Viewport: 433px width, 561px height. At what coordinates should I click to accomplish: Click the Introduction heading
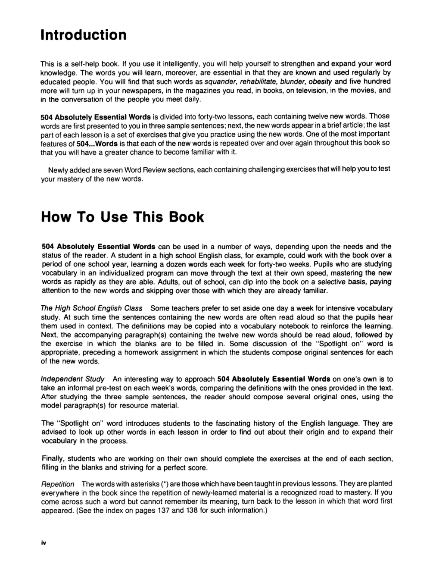tap(84, 34)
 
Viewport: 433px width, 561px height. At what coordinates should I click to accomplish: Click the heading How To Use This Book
tap(122, 216)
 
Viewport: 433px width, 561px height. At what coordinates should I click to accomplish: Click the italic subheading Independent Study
tap(72, 379)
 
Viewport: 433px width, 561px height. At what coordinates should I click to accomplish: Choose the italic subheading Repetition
tap(58, 484)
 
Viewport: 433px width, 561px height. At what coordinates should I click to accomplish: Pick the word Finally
tap(53, 458)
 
